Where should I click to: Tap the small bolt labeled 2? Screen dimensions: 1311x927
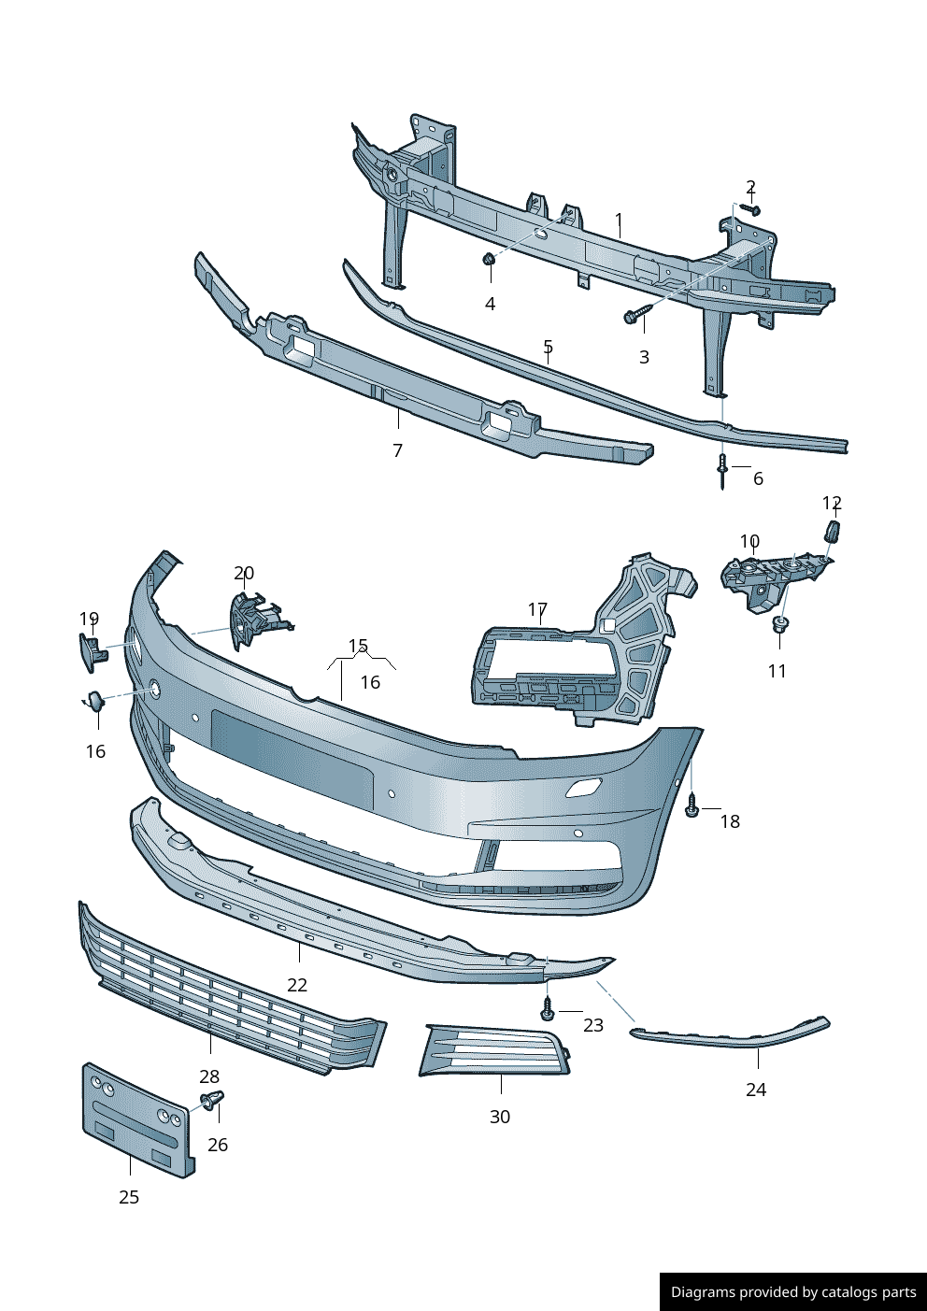point(750,209)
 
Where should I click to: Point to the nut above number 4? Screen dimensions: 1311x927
point(489,260)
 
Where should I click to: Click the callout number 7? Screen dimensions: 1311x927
point(397,450)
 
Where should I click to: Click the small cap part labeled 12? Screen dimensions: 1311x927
point(832,533)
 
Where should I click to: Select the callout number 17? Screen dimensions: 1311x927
point(537,609)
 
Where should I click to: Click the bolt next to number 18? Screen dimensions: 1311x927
point(692,806)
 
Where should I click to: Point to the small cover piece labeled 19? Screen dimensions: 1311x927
point(92,651)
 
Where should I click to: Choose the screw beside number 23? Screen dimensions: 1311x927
point(548,1010)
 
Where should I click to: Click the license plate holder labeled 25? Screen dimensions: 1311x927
point(138,1119)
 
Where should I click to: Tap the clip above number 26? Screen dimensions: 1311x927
point(212,1100)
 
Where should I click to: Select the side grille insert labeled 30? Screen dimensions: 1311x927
point(495,1051)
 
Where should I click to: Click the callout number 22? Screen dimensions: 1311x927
point(297,985)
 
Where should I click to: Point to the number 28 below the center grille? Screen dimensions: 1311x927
point(209,1076)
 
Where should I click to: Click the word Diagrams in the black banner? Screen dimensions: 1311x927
point(703,1292)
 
